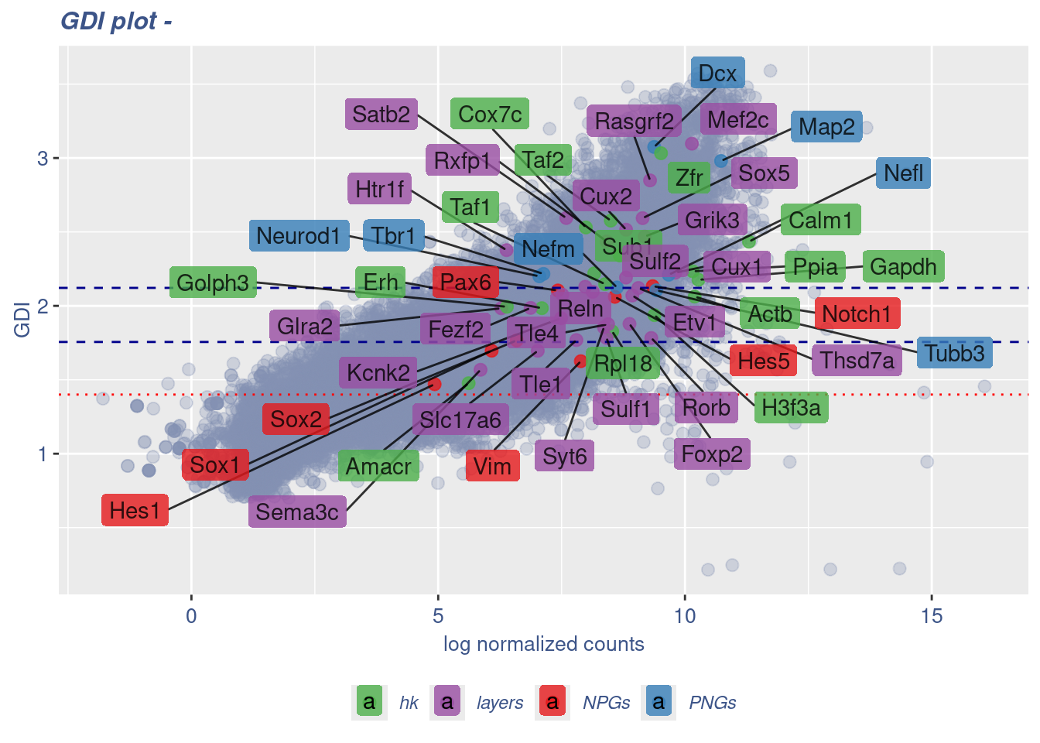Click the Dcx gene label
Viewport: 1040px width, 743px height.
pos(717,74)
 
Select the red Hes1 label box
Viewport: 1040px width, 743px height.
pos(135,511)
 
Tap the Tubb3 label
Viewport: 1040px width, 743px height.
pos(954,353)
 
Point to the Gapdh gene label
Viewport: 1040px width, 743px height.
pos(903,267)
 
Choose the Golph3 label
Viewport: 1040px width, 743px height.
pos(213,282)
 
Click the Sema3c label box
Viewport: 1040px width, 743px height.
pos(297,512)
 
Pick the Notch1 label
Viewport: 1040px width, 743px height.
pos(857,313)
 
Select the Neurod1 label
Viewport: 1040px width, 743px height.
pos(298,235)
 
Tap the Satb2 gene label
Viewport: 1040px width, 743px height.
pos(381,115)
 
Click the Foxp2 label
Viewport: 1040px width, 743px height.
pos(712,454)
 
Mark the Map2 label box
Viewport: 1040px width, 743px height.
pos(826,127)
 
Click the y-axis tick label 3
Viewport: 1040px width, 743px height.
pos(43,159)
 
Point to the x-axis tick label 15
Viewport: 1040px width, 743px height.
pos(932,616)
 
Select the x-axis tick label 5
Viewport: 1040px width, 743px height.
pos(438,616)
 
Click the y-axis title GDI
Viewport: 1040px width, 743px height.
pos(22,320)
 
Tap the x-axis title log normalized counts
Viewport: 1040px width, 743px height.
pos(543,644)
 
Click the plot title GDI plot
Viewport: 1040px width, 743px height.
pos(116,21)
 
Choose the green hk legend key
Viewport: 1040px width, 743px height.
pos(369,702)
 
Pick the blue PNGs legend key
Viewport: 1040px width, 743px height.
pos(659,702)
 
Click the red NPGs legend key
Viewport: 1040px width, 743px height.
pos(552,702)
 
